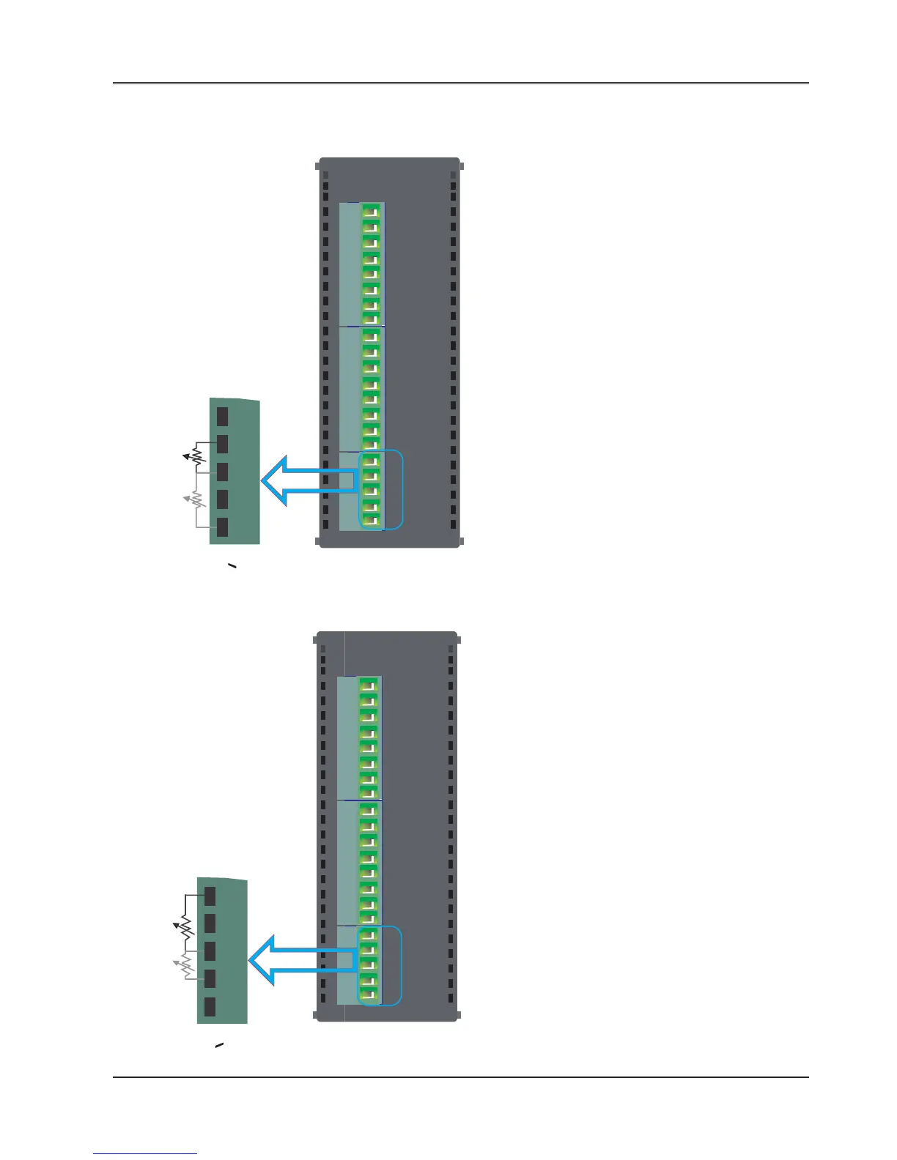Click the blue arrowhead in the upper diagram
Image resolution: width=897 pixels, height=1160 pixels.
276,480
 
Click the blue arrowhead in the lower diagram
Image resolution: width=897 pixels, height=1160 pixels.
262,960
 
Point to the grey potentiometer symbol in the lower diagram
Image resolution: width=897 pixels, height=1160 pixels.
184,965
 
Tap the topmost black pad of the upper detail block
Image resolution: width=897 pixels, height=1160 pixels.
222,416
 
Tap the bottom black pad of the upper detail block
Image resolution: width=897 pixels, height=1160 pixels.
222,527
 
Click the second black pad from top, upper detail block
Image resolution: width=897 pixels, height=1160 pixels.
222,444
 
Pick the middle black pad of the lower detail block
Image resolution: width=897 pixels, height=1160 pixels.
210,951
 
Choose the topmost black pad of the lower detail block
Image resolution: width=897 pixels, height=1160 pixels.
210,896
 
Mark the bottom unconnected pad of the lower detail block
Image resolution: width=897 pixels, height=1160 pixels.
210,1007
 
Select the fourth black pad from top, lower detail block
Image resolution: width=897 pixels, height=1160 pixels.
210,979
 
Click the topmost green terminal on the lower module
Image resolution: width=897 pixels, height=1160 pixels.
368,685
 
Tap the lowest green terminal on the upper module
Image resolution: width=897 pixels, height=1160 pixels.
371,520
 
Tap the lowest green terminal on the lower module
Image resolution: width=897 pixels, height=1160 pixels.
368,994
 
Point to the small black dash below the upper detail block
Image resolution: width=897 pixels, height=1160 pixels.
232,567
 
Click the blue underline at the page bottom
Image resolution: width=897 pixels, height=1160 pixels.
145,1154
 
